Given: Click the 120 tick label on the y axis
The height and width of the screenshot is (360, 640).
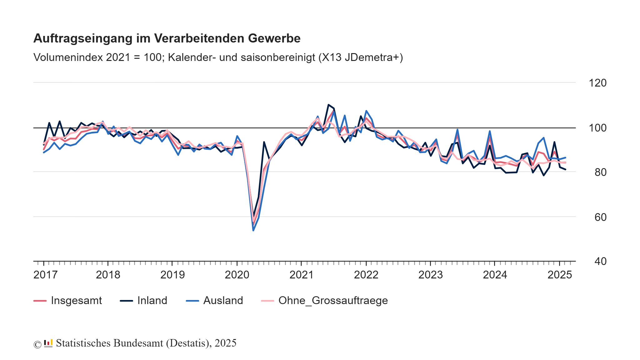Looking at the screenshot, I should pos(597,83).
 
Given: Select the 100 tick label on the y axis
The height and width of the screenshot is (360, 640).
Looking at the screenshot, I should pos(597,128).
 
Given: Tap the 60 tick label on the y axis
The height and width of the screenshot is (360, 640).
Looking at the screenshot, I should pos(600,217).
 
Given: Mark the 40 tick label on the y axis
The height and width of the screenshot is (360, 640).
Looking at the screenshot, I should pos(600,262).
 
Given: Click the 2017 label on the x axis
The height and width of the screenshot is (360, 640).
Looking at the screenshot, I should pos(45,275).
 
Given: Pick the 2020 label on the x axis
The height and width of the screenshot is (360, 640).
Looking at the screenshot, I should pos(237,275).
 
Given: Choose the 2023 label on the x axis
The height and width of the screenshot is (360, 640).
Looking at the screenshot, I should pos(430,275).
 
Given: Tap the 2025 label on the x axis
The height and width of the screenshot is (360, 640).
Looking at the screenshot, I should pos(559,275).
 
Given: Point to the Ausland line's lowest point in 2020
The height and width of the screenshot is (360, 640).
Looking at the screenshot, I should pos(253,230).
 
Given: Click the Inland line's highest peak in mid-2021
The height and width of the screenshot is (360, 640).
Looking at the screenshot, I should pos(328,105).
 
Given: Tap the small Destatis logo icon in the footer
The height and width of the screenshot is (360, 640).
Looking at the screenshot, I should pos(48,343).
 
